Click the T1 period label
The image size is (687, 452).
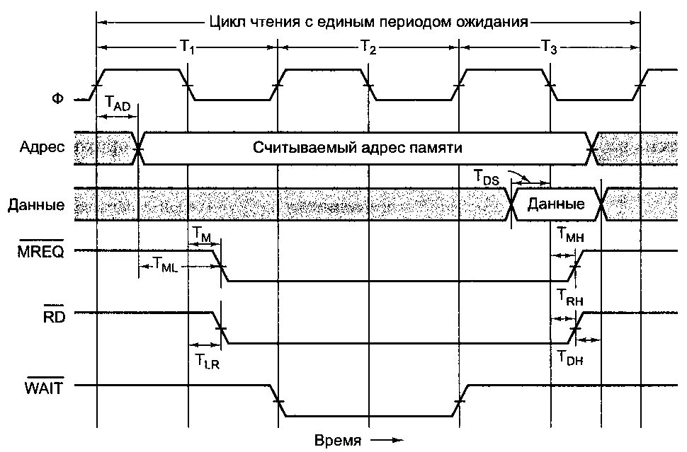187,47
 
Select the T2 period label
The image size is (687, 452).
368,47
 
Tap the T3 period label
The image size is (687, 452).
549,47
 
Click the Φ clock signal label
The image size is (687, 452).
57,99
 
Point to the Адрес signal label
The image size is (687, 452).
42,149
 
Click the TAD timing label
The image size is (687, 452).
118,103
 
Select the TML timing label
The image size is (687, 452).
166,264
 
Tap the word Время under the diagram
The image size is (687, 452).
338,440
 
